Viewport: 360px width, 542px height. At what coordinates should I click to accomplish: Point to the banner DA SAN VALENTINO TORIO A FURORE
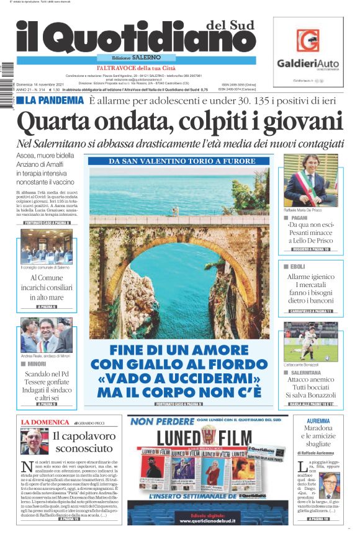pyautogui.click(x=179, y=161)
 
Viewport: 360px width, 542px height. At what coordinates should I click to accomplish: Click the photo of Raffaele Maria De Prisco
pyautogui.click(x=310, y=180)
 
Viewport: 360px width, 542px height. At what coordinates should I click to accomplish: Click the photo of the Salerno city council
pyautogui.click(x=46, y=246)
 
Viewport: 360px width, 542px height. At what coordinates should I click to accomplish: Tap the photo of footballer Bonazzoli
pyautogui.click(x=310, y=342)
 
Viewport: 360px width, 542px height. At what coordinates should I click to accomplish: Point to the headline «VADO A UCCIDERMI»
pyautogui.click(x=179, y=378)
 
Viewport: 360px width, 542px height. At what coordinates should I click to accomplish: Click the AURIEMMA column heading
pyautogui.click(x=318, y=421)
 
